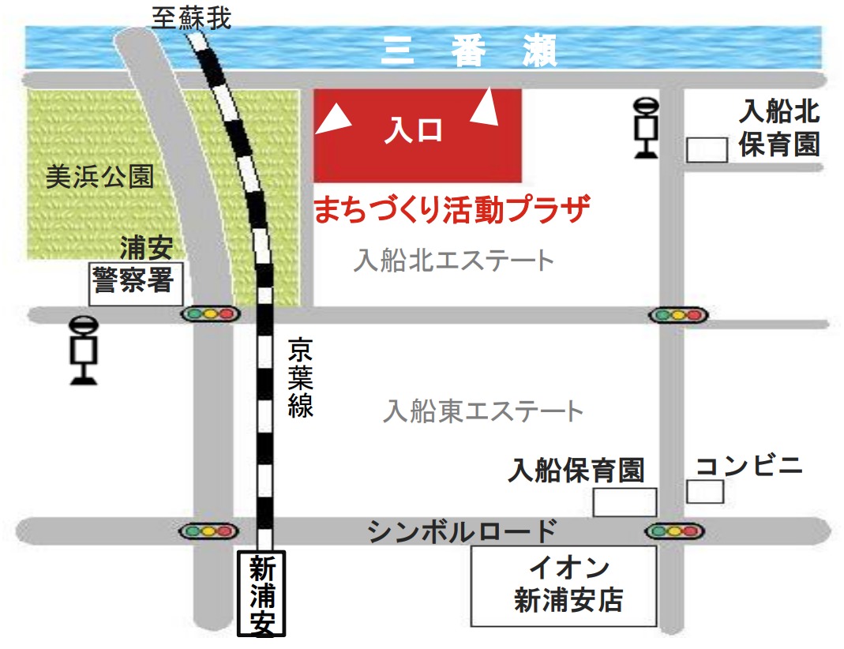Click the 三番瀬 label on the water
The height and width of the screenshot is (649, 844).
469,51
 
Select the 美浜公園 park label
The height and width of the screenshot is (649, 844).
99,177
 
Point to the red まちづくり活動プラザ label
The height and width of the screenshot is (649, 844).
452,210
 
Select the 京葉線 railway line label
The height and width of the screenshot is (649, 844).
300,377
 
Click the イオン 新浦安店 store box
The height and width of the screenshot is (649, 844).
564,585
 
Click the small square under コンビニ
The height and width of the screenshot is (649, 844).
705,491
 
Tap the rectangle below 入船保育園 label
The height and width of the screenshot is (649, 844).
625,502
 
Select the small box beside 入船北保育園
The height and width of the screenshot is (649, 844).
707,149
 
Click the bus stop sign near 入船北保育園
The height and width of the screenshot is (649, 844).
647,126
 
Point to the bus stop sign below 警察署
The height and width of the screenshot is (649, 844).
84,350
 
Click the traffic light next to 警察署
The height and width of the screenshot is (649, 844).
209,314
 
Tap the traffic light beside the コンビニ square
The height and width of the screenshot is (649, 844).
675,531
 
